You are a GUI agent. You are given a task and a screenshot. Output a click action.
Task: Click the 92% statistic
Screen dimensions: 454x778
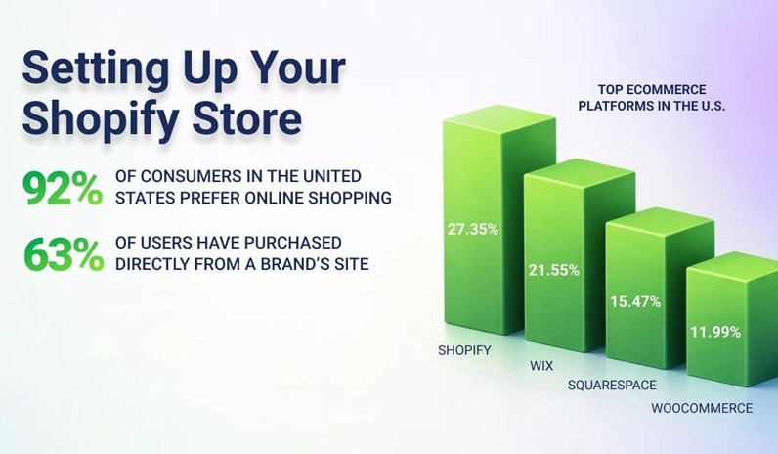coord(63,188)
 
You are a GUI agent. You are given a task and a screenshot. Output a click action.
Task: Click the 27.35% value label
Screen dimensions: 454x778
coord(473,229)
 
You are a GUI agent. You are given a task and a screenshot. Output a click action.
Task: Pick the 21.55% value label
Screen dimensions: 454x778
coord(554,269)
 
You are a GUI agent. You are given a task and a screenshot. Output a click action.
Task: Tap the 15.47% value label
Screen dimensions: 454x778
coord(635,301)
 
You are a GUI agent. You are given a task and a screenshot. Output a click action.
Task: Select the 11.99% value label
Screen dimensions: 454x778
coord(715,332)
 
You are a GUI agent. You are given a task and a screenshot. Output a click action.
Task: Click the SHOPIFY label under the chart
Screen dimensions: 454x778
coord(464,349)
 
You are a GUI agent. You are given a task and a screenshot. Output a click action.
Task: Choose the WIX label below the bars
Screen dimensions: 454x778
coord(541,365)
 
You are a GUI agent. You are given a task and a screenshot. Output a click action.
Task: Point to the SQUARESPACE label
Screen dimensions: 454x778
coord(612,386)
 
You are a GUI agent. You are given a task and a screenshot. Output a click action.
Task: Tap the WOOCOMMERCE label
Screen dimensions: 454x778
coord(702,408)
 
